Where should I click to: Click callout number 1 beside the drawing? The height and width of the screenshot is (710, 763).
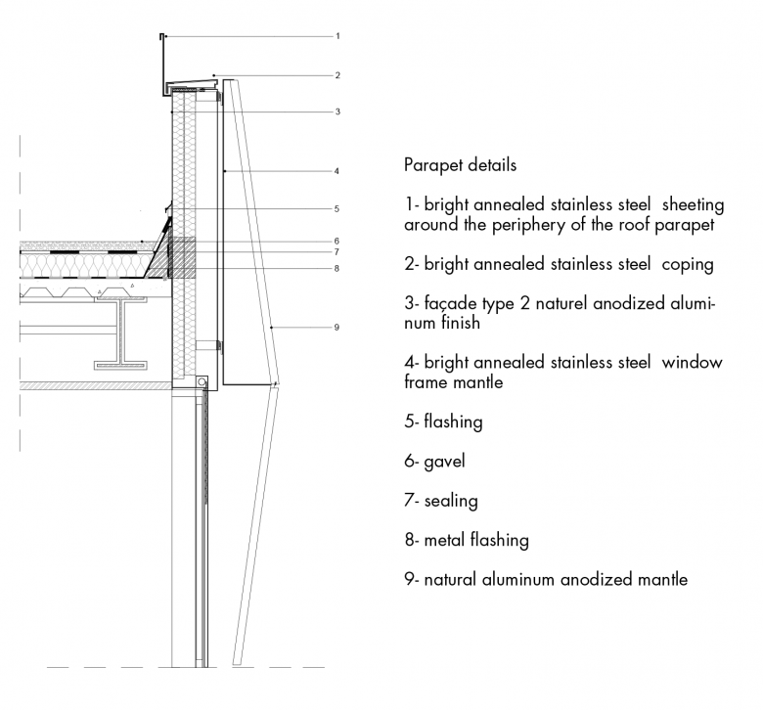pyautogui.click(x=337, y=36)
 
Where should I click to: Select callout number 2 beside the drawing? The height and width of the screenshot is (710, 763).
pyautogui.click(x=337, y=75)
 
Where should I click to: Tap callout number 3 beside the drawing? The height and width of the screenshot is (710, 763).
pyautogui.click(x=337, y=111)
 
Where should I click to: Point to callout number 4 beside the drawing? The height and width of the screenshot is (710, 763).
pyautogui.click(x=337, y=171)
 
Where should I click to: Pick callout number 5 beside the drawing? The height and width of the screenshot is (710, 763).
pyautogui.click(x=337, y=209)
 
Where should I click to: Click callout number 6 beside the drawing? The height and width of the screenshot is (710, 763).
pyautogui.click(x=337, y=242)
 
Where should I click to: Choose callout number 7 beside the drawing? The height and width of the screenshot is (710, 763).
pyautogui.click(x=337, y=252)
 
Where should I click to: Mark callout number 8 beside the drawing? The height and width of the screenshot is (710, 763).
pyautogui.click(x=337, y=269)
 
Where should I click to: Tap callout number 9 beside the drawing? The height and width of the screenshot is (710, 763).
pyautogui.click(x=337, y=328)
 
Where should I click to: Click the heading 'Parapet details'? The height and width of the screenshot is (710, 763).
pyautogui.click(x=460, y=165)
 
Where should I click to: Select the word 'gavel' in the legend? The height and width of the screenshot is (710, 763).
pyautogui.click(x=444, y=462)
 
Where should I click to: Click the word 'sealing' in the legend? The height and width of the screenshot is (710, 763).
pyautogui.click(x=451, y=502)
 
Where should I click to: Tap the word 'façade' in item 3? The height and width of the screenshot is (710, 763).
pyautogui.click(x=451, y=304)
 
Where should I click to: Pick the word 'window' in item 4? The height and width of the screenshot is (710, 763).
pyautogui.click(x=692, y=363)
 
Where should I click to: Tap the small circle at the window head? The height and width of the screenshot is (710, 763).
pyautogui.click(x=202, y=382)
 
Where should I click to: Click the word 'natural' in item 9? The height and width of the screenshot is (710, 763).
pyautogui.click(x=451, y=580)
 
